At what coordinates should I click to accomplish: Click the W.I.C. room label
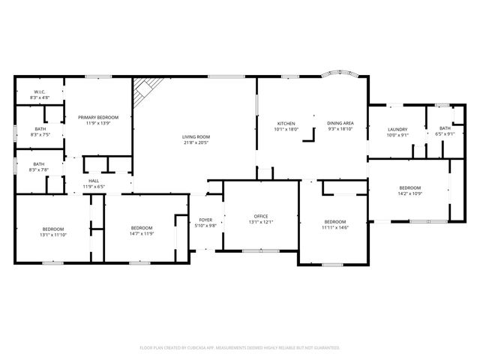coord(38,93)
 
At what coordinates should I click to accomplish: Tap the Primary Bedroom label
coord(99,117)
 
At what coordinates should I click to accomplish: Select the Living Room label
coord(196,136)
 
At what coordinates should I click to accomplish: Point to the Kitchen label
coord(286,123)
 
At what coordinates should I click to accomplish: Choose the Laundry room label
coord(397,130)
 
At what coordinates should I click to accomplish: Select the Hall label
coord(94,181)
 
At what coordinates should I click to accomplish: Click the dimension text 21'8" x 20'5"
coord(196,142)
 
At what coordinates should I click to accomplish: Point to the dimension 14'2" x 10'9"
coord(409,193)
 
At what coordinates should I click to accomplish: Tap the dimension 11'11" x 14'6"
coord(334,227)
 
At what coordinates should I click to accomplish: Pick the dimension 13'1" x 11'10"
coord(52,235)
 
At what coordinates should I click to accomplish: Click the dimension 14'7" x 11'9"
coord(142,234)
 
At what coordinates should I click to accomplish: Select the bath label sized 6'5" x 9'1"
coord(445,128)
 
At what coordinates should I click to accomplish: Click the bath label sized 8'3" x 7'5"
coord(39,128)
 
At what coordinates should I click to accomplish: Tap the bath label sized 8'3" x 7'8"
coord(38,164)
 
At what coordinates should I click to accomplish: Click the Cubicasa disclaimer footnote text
coord(240,347)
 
